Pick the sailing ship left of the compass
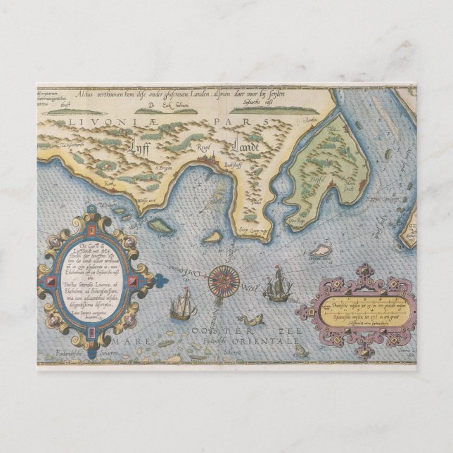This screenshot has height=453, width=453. [x=181, y=305]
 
